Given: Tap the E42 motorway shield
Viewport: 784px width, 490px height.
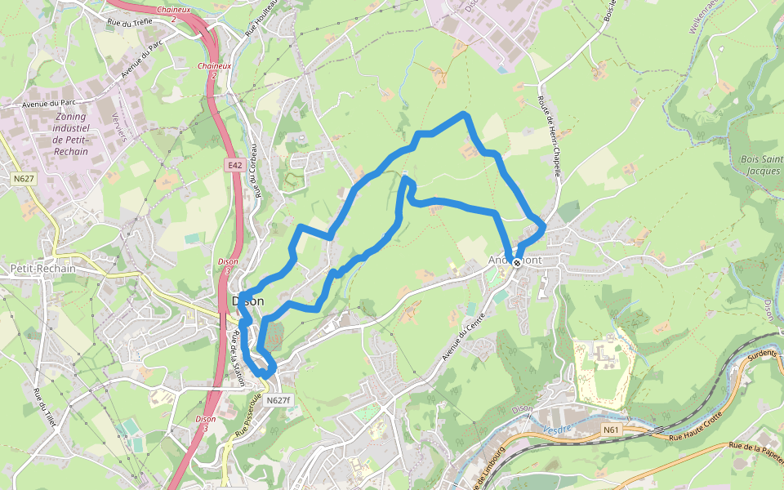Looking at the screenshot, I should coord(235,165).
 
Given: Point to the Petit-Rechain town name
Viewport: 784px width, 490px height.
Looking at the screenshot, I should coord(42,268).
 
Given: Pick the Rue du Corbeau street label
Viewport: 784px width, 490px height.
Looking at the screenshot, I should coord(256,171).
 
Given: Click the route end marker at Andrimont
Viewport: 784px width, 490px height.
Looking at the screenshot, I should coord(516,262).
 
